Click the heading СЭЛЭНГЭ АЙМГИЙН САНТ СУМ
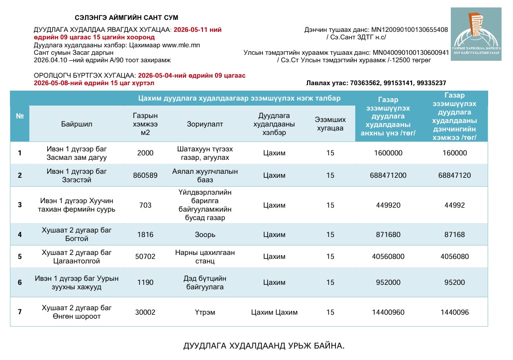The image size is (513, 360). click(x=126, y=18)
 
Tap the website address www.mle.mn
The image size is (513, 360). click(x=181, y=45)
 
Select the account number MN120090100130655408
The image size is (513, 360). click(x=410, y=30)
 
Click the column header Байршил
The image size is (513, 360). click(x=77, y=124)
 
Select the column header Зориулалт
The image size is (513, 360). click(x=205, y=124)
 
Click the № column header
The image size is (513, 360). click(x=20, y=116)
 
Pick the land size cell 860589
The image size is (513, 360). click(x=145, y=175)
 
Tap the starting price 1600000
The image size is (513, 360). click(x=388, y=153)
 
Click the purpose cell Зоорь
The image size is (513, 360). click(x=205, y=235)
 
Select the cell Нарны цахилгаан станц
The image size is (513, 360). click(x=205, y=256)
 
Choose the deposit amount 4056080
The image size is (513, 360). click(x=454, y=256)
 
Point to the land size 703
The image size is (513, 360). click(x=145, y=205)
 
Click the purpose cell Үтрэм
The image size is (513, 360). click(x=205, y=312)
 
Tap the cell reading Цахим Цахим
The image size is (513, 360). click(x=274, y=312)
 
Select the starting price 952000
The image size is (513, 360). click(x=388, y=282)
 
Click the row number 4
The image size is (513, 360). click(x=20, y=235)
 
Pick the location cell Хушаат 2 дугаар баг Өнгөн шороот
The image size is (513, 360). click(x=77, y=312)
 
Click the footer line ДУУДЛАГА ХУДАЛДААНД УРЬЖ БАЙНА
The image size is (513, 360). click(x=264, y=346)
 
